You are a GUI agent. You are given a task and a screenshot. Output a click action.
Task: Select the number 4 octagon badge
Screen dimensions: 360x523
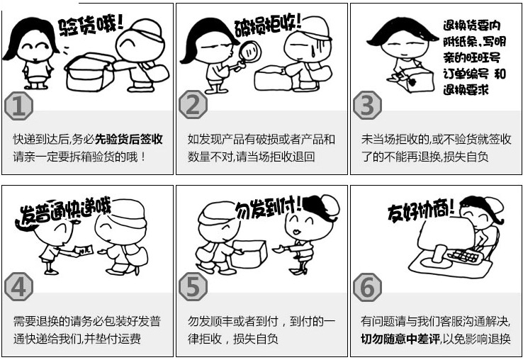tap(19, 286)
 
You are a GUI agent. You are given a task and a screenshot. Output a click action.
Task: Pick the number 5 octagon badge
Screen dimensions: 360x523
tap(193, 286)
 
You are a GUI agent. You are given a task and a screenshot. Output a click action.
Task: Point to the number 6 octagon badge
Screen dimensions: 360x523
tap(367, 286)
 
